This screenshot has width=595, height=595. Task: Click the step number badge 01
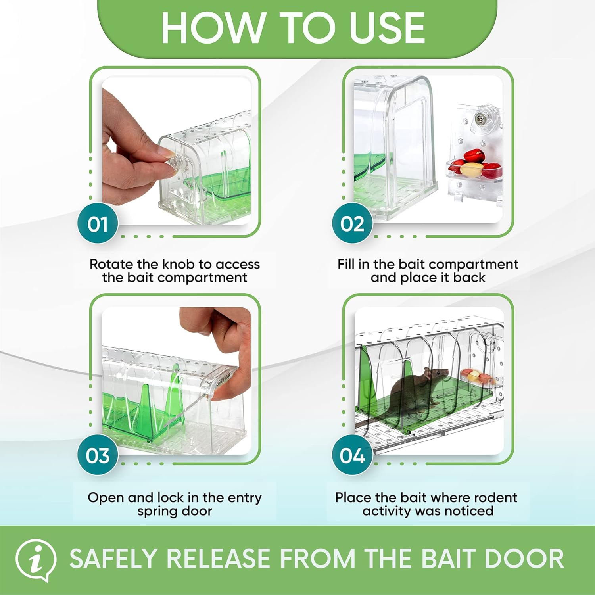(98, 223)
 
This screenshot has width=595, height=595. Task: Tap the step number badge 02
(352, 223)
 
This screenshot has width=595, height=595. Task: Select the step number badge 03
(98, 455)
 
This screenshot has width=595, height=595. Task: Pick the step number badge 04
(352, 455)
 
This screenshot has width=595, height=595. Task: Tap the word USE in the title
(387, 28)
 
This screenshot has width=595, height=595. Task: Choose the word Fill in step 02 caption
(346, 264)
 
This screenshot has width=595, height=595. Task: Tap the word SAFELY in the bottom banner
(113, 559)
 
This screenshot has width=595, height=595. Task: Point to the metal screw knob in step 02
(480, 118)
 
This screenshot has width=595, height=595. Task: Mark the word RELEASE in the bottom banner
(218, 559)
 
